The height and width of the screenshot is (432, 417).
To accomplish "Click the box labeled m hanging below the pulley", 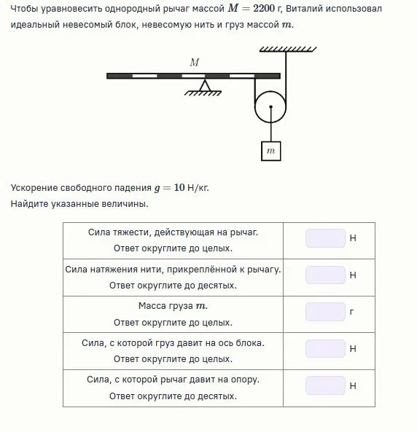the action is [270, 151].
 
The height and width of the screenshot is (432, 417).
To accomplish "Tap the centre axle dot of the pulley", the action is [270, 107].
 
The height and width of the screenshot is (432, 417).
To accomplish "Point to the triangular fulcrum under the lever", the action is [205, 85].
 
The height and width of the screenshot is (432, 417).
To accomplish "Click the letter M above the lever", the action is [195, 63].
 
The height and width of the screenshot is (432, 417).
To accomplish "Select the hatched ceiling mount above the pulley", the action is [288, 50].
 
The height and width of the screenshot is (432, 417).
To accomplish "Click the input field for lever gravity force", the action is [325, 238].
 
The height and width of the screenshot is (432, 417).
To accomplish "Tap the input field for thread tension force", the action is [325, 275].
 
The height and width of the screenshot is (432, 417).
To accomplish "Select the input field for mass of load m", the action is [325, 312].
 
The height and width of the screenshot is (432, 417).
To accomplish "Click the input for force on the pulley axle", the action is [325, 348].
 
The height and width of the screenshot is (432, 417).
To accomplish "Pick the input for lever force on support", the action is [325, 385].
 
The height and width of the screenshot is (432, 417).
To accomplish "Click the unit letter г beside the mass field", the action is [351, 312].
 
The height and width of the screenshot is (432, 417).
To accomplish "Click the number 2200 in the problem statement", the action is [264, 9].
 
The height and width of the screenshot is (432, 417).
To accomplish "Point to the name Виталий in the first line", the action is [304, 9].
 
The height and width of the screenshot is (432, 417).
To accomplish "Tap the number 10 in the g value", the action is [179, 188].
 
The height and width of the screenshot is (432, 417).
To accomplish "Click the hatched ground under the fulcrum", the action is [203, 93].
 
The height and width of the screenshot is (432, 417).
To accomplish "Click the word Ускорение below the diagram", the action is [34, 188].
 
